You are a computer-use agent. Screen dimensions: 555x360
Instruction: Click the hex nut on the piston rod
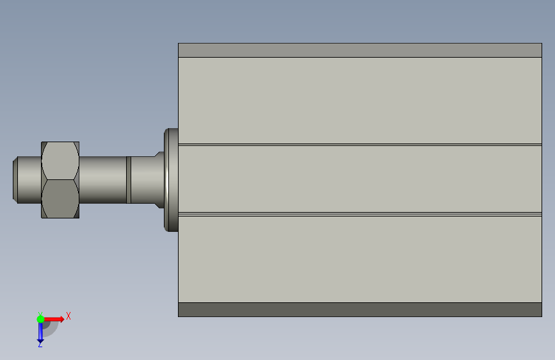tap(60, 180)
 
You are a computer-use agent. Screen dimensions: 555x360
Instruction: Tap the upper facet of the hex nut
tap(60, 161)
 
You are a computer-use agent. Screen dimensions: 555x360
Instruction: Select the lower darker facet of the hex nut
tap(60, 199)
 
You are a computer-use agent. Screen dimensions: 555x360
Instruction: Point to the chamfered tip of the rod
tap(15, 180)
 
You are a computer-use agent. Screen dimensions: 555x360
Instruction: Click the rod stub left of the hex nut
tap(29, 180)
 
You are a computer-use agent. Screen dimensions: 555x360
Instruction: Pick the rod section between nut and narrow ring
tap(102, 180)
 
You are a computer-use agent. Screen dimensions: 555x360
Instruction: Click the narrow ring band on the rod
tap(129, 180)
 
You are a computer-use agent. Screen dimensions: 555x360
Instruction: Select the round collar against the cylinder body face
tap(171, 180)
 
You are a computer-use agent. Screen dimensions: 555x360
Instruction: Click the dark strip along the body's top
tap(360, 51)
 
